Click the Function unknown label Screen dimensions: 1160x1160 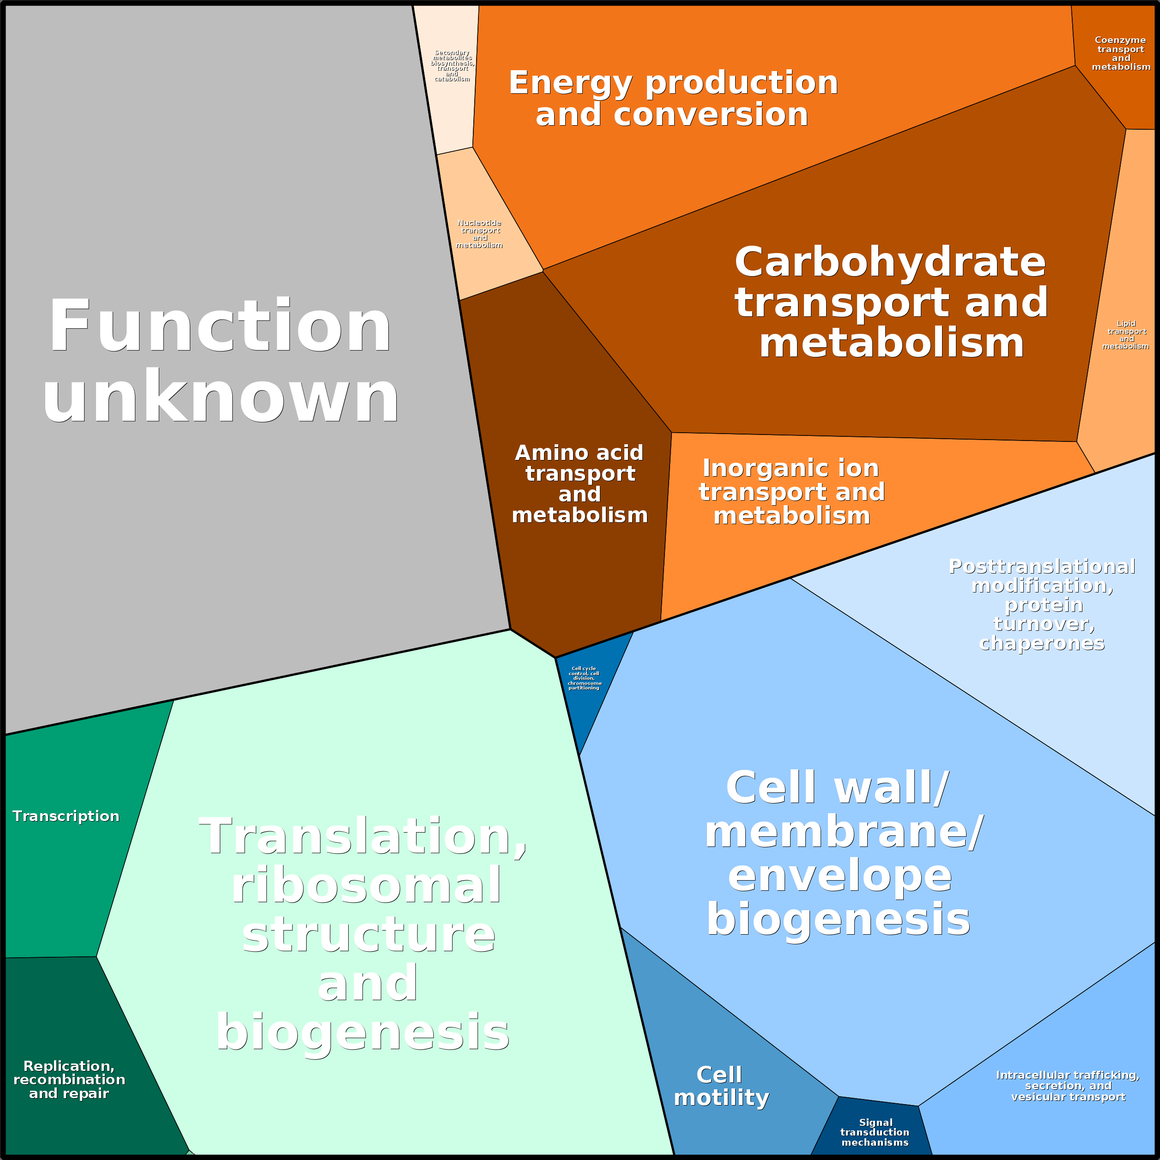point(220,360)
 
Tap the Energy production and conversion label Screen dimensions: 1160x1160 point(673,98)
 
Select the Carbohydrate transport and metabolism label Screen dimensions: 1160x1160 point(891,302)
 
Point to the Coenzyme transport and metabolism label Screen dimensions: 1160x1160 point(1121,54)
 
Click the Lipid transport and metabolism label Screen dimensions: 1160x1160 point(1126,335)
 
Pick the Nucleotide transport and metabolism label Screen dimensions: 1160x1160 point(479,234)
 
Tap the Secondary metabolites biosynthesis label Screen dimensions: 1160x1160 point(452,66)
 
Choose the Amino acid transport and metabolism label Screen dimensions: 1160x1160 point(580,484)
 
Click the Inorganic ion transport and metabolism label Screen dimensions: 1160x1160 point(792,492)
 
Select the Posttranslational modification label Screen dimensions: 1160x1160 point(1042,604)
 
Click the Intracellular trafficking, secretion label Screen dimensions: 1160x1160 point(1068,1086)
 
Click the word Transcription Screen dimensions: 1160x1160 point(66,816)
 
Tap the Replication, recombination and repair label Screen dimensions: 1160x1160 point(69,1080)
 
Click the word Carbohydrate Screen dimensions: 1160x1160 point(890,263)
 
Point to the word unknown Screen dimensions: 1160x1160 point(220,397)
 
